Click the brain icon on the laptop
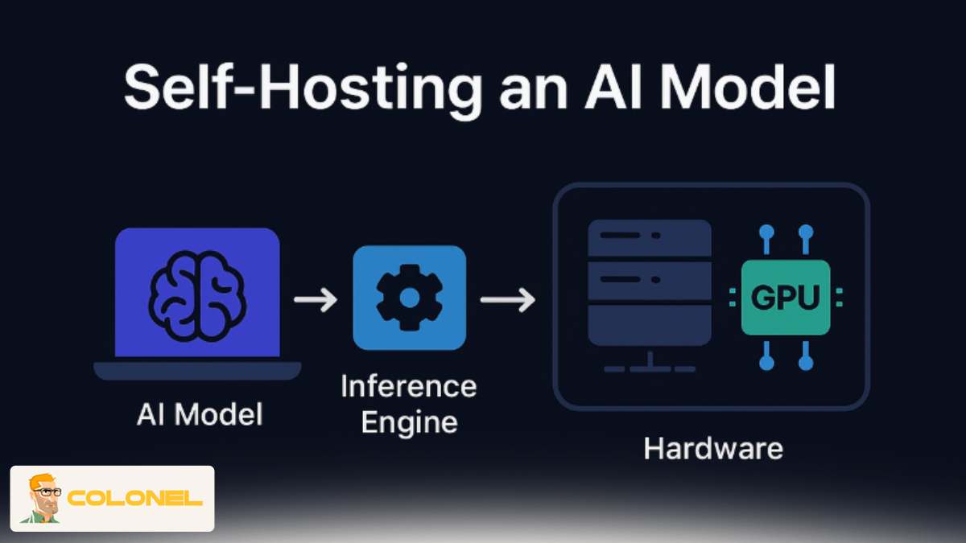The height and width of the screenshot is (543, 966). (197, 292)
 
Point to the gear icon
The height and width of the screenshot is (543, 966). (409, 298)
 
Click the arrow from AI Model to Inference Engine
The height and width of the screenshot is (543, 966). (316, 300)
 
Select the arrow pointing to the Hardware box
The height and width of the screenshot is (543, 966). (507, 300)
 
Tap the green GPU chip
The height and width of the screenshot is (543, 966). (785, 298)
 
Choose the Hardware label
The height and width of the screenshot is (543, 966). (712, 448)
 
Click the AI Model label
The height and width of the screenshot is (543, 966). (200, 415)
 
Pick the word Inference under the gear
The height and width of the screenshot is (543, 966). (408, 386)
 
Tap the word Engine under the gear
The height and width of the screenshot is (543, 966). (408, 422)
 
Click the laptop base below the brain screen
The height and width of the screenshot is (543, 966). (197, 370)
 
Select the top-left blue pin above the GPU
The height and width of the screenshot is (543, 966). (766, 232)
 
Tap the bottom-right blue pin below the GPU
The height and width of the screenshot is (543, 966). (805, 364)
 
